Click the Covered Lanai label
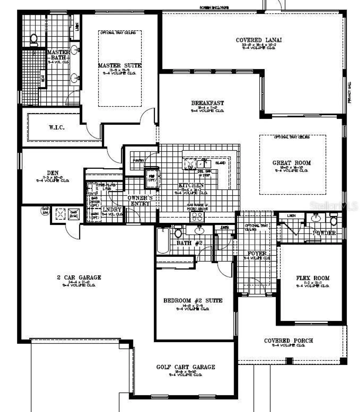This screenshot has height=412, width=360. (259, 40)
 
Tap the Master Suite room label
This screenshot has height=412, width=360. (120, 65)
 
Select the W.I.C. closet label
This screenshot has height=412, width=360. (57, 127)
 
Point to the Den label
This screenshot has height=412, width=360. (53, 173)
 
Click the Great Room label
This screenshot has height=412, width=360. (292, 163)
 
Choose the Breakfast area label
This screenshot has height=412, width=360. (208, 103)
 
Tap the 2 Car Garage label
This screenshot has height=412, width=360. (79, 278)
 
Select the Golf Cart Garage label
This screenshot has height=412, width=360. (186, 367)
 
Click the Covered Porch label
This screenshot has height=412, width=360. (288, 341)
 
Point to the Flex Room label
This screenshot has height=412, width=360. (313, 278)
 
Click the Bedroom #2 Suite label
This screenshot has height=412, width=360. (193, 301)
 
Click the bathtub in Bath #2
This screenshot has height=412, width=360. (163, 241)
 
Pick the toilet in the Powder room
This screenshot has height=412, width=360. (333, 221)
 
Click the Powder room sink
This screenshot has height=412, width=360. (316, 218)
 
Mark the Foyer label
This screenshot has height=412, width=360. (257, 254)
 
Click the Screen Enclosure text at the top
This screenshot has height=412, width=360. (214, 8)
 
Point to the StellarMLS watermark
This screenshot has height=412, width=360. (333, 205)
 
